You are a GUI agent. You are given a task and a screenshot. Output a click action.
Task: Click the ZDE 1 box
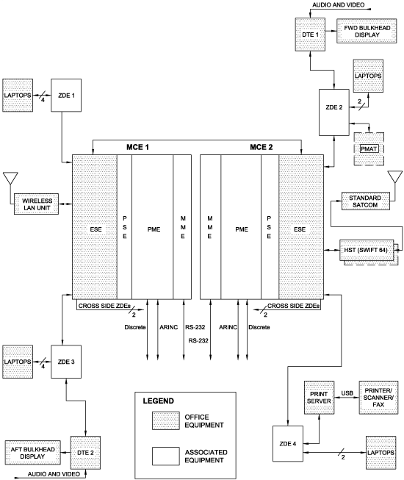62,95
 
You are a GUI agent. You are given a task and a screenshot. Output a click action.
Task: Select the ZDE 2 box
333,111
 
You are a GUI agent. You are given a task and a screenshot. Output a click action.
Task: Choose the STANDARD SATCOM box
361,201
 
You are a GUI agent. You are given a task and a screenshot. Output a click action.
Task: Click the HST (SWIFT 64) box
366,251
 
